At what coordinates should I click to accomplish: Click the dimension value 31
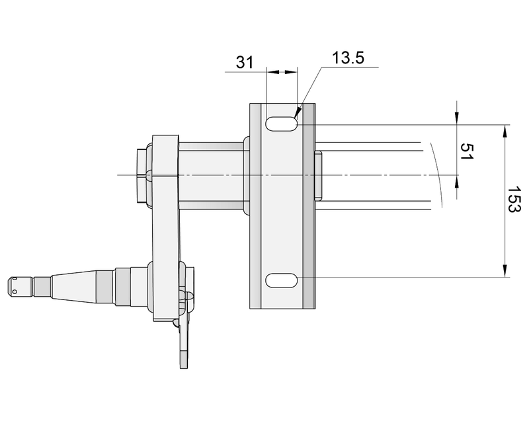click(245, 62)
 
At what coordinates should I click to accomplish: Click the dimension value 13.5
click(348, 58)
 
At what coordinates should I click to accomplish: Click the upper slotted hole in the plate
click(282, 124)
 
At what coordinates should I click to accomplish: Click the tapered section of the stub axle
click(73, 285)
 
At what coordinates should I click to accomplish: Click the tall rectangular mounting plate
click(282, 205)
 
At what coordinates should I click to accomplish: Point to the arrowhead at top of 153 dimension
click(505, 130)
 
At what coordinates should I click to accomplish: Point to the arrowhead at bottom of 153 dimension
click(505, 272)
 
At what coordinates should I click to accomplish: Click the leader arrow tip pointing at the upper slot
click(298, 114)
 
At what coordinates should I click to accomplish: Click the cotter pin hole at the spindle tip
click(13, 286)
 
